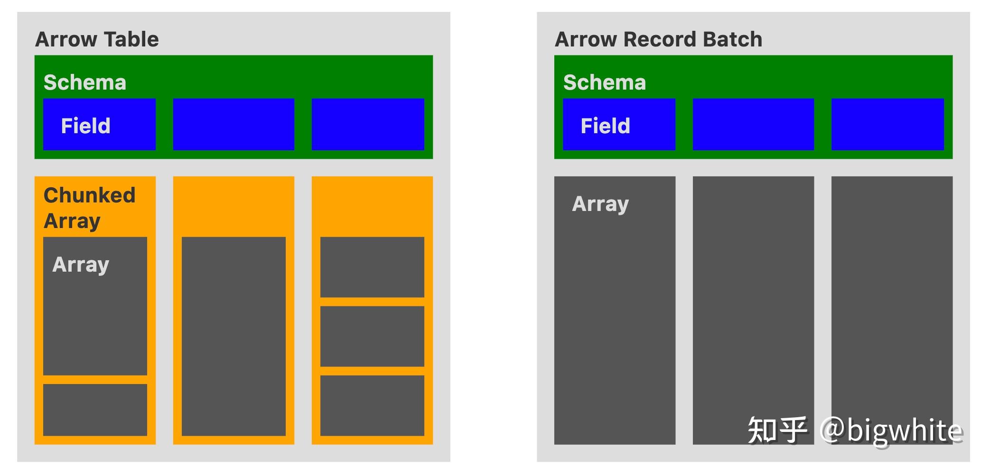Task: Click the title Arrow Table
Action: [97, 39]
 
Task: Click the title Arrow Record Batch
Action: [658, 39]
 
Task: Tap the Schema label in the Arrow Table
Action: [85, 82]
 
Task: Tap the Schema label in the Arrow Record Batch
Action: [605, 82]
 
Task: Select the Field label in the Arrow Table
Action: [86, 126]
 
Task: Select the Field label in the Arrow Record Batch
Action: [606, 126]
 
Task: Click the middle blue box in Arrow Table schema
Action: [233, 124]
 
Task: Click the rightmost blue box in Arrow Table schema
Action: [368, 124]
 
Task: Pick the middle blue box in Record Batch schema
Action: [753, 124]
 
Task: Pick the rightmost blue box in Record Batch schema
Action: [887, 124]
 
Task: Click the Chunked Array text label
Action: [89, 208]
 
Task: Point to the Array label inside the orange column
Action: [81, 265]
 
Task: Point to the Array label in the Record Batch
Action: [600, 204]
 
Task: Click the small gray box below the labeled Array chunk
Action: [95, 410]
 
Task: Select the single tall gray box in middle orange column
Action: [233, 336]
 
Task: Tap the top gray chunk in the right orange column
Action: [372, 267]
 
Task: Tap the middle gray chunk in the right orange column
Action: [372, 336]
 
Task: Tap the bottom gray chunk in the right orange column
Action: [372, 405]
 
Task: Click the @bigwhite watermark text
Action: [891, 430]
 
